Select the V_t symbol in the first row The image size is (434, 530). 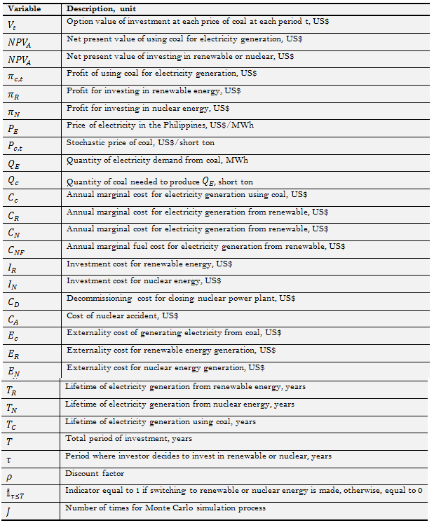pyautogui.click(x=13, y=25)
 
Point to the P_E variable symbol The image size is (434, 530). pyautogui.click(x=15, y=127)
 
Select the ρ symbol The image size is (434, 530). pyautogui.click(x=10, y=475)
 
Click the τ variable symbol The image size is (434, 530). pyautogui.click(x=9, y=457)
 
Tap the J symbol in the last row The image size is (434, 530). pyautogui.click(x=9, y=510)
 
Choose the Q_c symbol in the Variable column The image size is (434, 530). pyautogui.click(x=14, y=179)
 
